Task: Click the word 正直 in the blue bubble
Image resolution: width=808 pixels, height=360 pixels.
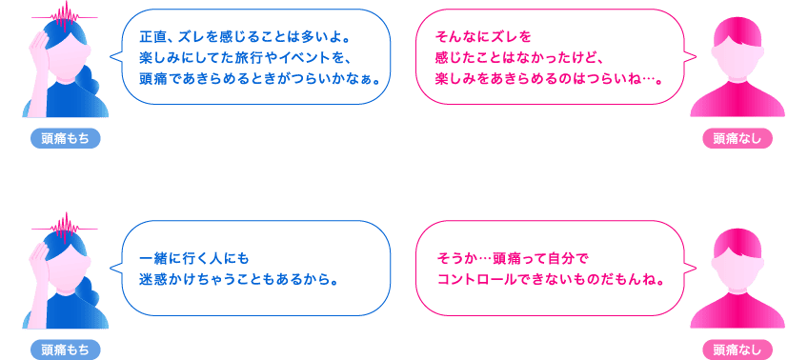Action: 151,39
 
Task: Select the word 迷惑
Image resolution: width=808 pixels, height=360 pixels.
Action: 151,282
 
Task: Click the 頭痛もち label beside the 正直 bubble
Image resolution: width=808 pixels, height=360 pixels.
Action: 65,139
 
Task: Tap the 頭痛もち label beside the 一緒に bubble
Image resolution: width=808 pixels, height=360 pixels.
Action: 65,350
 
